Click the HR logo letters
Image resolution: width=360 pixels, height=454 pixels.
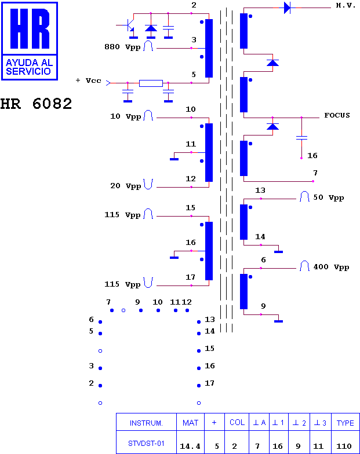[x=30, y=28]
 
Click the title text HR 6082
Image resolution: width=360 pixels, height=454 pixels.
[x=36, y=104]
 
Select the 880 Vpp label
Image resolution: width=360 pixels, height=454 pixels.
[x=122, y=47]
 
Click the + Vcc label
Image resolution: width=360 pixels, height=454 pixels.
[x=88, y=80]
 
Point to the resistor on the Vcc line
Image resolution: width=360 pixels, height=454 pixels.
[x=151, y=83]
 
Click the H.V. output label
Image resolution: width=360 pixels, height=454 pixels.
[x=346, y=6]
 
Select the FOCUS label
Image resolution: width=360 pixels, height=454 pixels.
[x=337, y=115]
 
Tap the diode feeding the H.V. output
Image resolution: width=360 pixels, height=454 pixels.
[x=288, y=8]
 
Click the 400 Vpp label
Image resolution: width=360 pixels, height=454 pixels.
[x=331, y=267]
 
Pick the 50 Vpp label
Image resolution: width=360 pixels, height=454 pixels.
[x=328, y=197]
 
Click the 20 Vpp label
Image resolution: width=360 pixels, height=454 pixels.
[x=125, y=186]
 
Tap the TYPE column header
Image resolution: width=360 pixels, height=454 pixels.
[x=346, y=423]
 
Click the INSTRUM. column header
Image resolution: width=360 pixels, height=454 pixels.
[x=146, y=423]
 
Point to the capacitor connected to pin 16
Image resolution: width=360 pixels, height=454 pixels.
[x=301, y=138]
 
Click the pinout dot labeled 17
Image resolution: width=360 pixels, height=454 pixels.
[x=199, y=386]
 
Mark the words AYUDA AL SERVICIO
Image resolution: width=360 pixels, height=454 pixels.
[x=30, y=67]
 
